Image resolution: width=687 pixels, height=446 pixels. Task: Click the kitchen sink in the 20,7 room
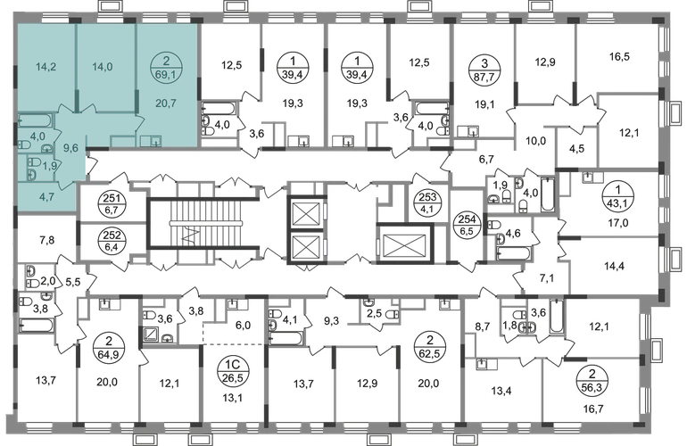[155, 140]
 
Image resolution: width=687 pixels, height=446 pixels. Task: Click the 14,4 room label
[610, 265]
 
